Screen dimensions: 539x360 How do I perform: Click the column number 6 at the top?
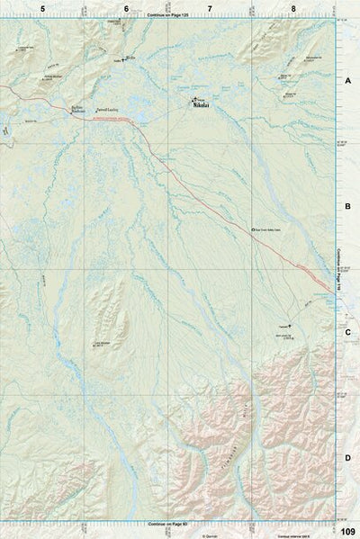coord(126,8)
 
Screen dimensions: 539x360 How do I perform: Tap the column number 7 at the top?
coord(210,8)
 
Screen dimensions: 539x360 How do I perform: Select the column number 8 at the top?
coord(293,8)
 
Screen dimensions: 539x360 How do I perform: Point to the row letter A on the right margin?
coord(347,80)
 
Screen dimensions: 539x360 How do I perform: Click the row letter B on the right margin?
coord(347,206)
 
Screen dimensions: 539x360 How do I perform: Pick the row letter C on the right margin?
coord(347,332)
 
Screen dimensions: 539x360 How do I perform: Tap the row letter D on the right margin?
coord(347,458)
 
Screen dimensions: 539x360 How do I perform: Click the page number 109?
coord(348,531)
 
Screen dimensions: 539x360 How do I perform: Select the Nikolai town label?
coord(199,105)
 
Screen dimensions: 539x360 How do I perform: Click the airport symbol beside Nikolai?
coord(192,99)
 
